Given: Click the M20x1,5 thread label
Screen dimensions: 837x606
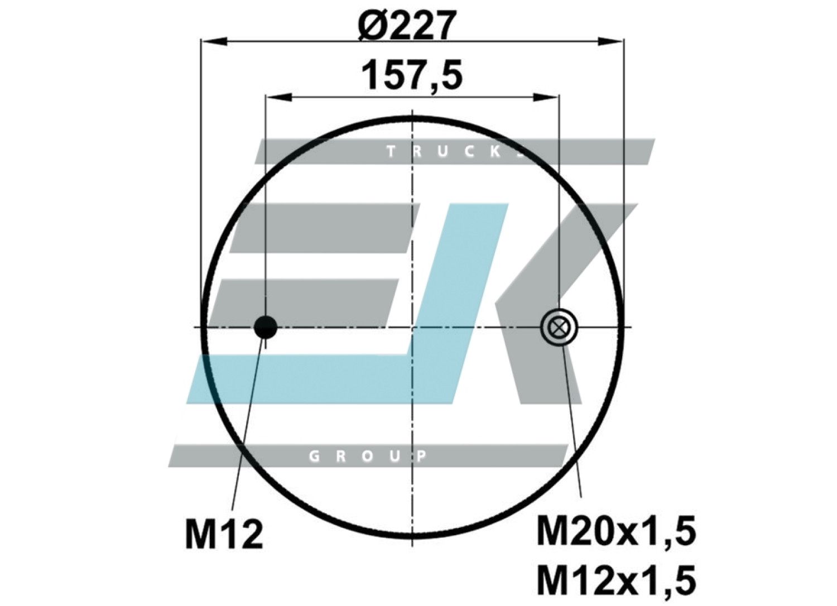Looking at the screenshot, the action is [616, 530].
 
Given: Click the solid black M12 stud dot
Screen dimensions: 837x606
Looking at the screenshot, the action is [265, 327].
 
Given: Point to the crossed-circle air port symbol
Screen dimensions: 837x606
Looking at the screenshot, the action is [559, 328].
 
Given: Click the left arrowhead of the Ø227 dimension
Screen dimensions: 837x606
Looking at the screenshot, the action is [214, 41].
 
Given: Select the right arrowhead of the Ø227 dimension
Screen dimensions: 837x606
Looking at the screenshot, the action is [610, 41].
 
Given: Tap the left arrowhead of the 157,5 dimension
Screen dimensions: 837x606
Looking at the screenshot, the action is [278, 98].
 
